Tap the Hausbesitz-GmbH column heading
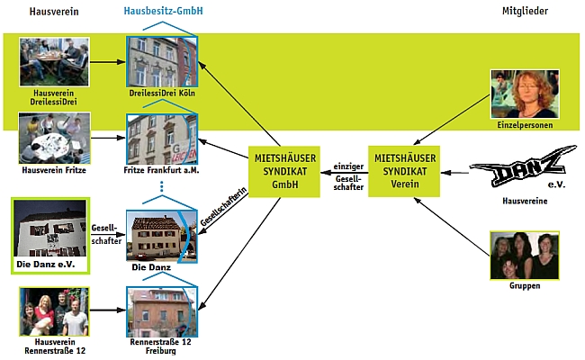tap(162, 11)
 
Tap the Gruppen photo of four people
tap(525, 256)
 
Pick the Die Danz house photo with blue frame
tap(162, 235)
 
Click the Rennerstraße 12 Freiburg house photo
tap(162, 310)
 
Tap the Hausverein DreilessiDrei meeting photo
tap(54, 61)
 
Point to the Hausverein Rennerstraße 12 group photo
tap(54, 311)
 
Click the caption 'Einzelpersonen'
tap(524, 125)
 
